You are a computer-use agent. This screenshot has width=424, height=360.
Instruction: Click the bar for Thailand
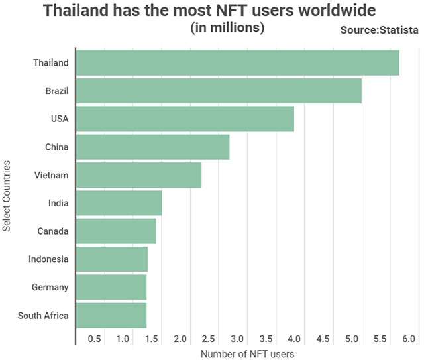coord(237,62)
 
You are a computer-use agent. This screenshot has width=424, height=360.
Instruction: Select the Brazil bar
coord(219,90)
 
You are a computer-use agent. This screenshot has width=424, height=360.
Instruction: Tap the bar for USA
coord(185,119)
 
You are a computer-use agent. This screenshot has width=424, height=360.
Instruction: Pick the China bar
coord(152,147)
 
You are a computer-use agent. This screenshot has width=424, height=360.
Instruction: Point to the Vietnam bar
coord(138,175)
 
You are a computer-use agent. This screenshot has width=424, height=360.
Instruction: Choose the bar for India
coord(119,203)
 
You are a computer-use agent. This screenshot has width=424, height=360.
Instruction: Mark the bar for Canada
coord(116,231)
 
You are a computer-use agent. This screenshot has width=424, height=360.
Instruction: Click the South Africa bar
coord(111,316)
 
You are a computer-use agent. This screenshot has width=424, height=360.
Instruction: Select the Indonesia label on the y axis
coord(48,259)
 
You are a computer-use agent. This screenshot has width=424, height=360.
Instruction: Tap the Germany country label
coord(50,287)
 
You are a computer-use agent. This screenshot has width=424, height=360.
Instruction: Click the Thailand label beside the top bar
coord(51,62)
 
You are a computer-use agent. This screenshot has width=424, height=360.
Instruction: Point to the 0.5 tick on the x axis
coord(94,339)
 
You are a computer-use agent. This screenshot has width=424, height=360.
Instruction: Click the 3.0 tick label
coord(237,339)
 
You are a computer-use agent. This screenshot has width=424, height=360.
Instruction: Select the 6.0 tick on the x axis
coord(409,339)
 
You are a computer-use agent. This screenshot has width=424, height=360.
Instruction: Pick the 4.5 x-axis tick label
coord(323,339)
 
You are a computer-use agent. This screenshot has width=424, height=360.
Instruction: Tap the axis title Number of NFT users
coord(247,354)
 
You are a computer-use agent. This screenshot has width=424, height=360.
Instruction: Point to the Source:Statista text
coord(379,30)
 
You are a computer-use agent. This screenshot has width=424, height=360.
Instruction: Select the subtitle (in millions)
coord(227,28)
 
